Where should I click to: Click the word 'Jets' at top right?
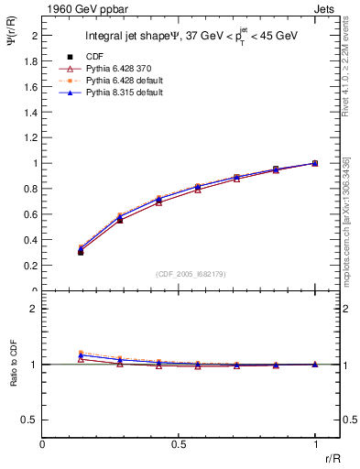pos(326,8)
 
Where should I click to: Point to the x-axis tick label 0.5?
pos(178,443)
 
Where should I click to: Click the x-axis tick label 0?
pos(42,443)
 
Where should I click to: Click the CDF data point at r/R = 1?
pos(315,163)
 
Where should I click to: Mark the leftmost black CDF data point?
pos(81,252)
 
